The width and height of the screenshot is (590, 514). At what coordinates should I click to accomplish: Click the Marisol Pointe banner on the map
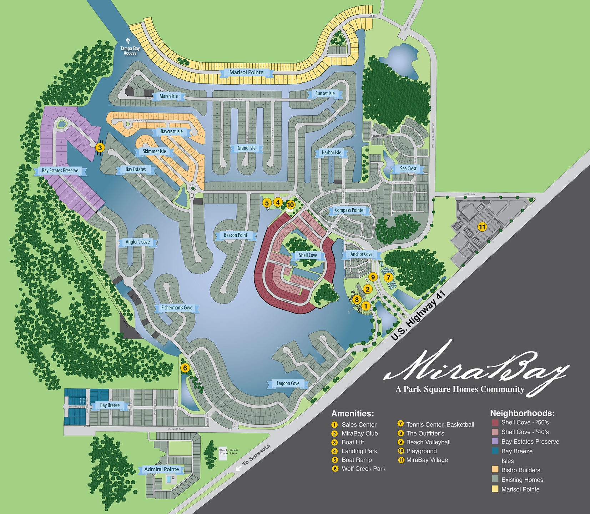pyautogui.click(x=246, y=72)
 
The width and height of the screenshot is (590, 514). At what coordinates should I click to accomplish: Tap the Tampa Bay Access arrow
pyautogui.click(x=128, y=41)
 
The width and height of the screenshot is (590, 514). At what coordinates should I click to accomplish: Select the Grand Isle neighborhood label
pyautogui.click(x=247, y=148)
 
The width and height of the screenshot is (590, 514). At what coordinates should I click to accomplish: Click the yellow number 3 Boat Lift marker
pyautogui.click(x=100, y=147)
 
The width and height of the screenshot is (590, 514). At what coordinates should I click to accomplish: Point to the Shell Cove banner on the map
pyautogui.click(x=308, y=255)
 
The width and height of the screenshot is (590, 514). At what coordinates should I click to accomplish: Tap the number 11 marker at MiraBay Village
pyautogui.click(x=482, y=227)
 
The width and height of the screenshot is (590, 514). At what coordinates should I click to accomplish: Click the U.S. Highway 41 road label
pyautogui.click(x=418, y=316)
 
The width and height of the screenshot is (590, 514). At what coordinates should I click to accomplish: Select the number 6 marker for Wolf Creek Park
pyautogui.click(x=185, y=368)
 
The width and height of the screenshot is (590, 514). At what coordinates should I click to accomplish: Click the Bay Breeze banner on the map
pyautogui.click(x=110, y=405)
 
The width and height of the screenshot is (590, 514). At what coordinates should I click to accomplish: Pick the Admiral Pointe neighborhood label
pyautogui.click(x=162, y=469)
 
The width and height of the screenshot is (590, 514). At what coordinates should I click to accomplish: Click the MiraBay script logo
pyautogui.click(x=475, y=369)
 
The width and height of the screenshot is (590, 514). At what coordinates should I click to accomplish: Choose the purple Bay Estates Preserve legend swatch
pyautogui.click(x=495, y=441)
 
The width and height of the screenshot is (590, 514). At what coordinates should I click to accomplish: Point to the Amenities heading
pyautogui.click(x=352, y=413)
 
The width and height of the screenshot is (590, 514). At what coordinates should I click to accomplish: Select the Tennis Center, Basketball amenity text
pyautogui.click(x=440, y=424)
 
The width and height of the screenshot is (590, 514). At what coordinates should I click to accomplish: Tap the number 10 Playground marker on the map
pyautogui.click(x=291, y=205)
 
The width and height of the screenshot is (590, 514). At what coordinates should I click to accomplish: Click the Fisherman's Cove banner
pyautogui.click(x=177, y=307)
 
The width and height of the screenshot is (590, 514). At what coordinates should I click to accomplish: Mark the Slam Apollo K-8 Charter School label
pyautogui.click(x=228, y=452)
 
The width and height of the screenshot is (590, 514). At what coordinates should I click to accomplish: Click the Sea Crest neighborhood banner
pyautogui.click(x=408, y=168)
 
